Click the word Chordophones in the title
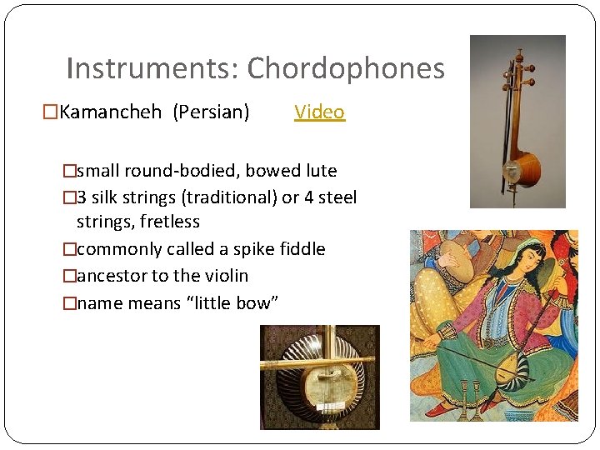346,68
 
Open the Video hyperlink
319,112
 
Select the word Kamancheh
111,112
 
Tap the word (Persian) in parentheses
211,112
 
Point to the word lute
321,171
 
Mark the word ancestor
112,276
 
